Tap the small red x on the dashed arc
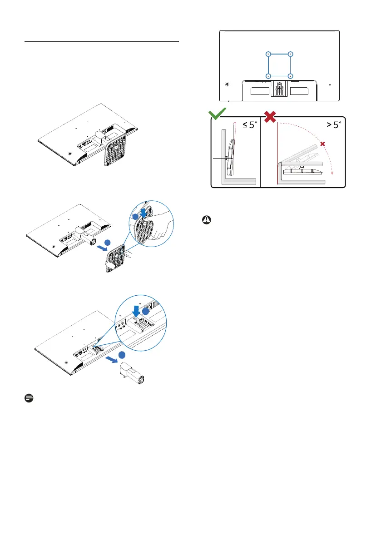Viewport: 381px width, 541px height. tap(322, 144)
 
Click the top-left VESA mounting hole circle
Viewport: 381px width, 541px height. tap(268, 54)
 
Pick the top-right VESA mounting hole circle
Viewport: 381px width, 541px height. tap(290, 54)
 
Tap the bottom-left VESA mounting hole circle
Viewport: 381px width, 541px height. tap(268, 76)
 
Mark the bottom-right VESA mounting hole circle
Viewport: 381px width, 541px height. tap(290, 76)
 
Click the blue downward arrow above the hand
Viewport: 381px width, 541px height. tap(143, 213)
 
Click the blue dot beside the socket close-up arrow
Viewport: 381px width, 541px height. tap(146, 312)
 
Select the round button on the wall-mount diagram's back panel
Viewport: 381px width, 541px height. tap(227, 84)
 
